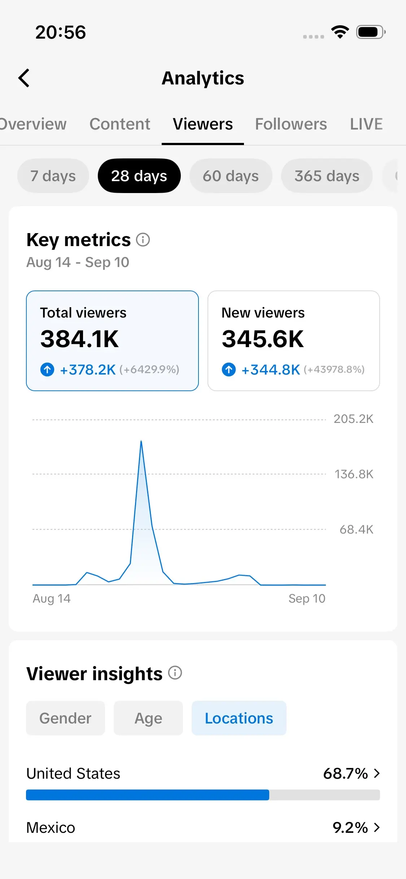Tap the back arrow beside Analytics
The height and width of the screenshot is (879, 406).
[24, 78]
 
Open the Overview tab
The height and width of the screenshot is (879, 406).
[32, 124]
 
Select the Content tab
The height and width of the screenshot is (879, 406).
[120, 124]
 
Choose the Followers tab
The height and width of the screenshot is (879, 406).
[291, 124]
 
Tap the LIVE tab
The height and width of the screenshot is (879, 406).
[366, 124]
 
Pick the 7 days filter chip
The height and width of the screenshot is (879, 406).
[53, 176]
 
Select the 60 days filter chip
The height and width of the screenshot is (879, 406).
[231, 176]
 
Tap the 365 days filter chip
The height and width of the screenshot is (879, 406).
[327, 176]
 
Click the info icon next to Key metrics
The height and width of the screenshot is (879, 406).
[143, 240]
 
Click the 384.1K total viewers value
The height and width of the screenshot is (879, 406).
[79, 339]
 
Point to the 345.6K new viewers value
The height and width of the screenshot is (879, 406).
[263, 339]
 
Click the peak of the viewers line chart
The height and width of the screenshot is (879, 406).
[141, 441]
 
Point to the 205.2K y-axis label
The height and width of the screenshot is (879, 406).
[353, 419]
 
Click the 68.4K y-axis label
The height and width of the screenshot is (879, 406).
[357, 529]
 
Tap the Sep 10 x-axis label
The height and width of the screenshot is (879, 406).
[307, 599]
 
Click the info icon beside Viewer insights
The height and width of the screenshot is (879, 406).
[175, 673]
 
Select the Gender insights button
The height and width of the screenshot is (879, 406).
[65, 718]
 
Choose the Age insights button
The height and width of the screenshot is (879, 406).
[148, 718]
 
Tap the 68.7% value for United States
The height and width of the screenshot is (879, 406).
[345, 774]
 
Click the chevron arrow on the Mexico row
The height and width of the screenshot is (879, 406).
[377, 827]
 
